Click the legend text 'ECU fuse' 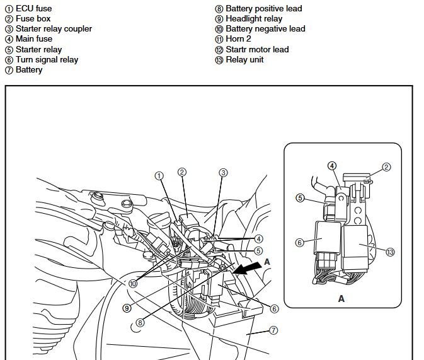click(x=34, y=9)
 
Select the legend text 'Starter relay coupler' click(x=54, y=29)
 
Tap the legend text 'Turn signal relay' click(x=47, y=59)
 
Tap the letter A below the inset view click(x=341, y=299)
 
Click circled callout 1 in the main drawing click(x=159, y=176)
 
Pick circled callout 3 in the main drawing click(x=223, y=172)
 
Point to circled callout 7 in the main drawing click(x=274, y=330)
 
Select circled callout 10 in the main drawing click(x=133, y=284)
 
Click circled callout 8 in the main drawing click(x=140, y=322)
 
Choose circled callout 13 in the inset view click(x=390, y=252)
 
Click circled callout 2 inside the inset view click(x=387, y=168)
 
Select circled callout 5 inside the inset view click(x=301, y=198)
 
